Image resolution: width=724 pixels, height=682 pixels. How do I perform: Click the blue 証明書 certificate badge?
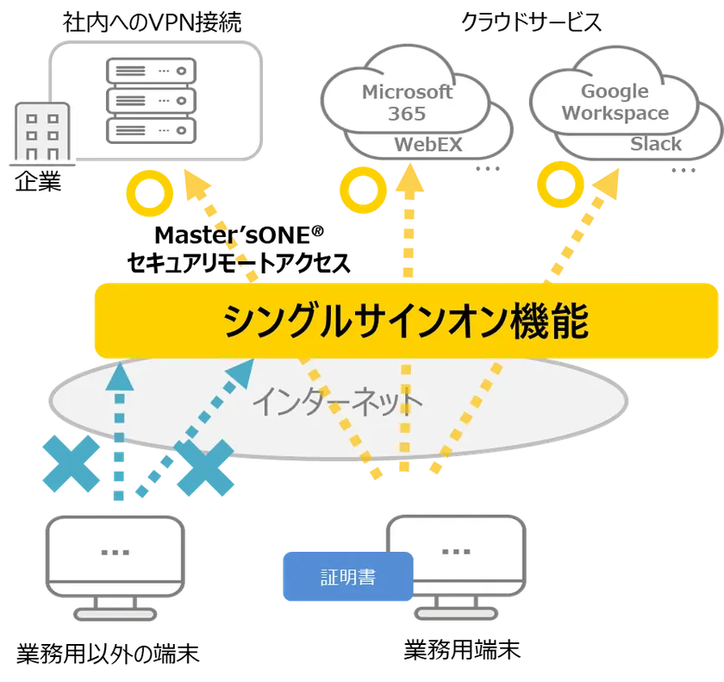(x=347, y=576)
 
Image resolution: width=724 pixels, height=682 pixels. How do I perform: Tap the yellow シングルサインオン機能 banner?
(x=406, y=321)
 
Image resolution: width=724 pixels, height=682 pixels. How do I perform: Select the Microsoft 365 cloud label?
(x=407, y=103)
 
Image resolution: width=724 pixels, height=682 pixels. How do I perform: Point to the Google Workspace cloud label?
(x=615, y=102)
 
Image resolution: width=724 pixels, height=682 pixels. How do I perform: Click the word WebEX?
(x=428, y=145)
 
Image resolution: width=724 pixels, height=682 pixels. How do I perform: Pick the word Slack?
(x=656, y=144)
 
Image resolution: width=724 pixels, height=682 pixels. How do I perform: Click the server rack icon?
(x=152, y=101)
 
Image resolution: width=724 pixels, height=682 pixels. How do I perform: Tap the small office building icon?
(x=42, y=133)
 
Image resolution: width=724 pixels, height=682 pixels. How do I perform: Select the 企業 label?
(x=38, y=181)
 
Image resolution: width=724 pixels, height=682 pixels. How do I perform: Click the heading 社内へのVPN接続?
(x=152, y=22)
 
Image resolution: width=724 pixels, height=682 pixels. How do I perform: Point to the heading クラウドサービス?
(x=532, y=22)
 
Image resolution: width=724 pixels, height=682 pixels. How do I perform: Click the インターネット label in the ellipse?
(x=338, y=402)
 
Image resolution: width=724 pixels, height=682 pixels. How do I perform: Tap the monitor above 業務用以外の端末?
(x=115, y=568)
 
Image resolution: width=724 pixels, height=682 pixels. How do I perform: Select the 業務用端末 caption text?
(x=462, y=650)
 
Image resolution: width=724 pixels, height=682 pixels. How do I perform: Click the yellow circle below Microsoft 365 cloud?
(x=363, y=191)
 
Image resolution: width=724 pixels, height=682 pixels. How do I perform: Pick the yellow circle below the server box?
(x=150, y=193)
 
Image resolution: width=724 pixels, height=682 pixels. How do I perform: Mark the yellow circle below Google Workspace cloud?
(x=560, y=185)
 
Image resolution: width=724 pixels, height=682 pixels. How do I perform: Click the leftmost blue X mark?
(x=71, y=464)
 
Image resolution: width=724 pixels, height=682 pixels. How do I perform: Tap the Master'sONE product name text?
(x=239, y=235)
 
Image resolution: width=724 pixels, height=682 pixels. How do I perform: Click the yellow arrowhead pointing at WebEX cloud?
(x=409, y=178)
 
